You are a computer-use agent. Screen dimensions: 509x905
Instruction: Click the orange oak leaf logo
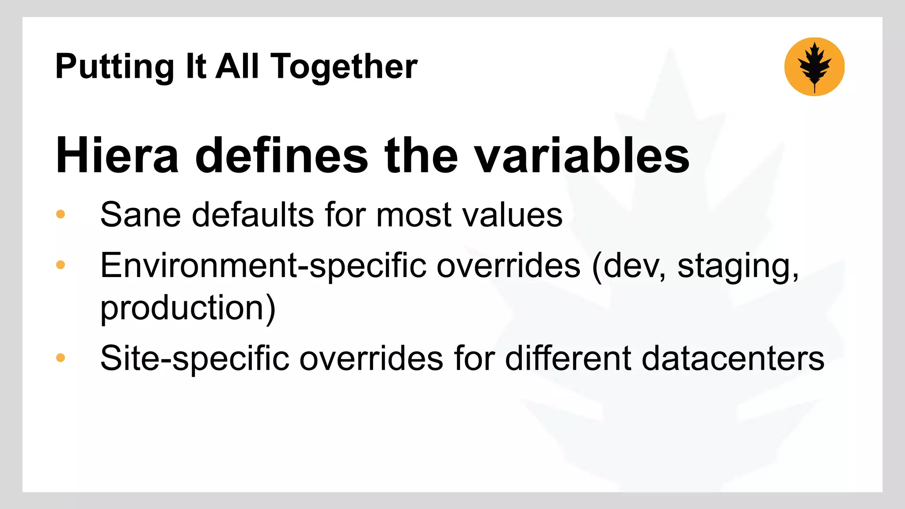[814, 67]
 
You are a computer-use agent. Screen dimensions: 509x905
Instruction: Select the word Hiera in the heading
[117, 156]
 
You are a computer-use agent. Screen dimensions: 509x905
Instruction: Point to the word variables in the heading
[582, 156]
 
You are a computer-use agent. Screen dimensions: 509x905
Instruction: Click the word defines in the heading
[281, 156]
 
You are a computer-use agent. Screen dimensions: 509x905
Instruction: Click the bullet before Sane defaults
[61, 215]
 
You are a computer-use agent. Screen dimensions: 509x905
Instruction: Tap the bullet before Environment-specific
[61, 265]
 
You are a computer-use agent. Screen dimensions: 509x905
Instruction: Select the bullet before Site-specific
[61, 357]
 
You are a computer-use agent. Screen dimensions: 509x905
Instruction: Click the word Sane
[141, 215]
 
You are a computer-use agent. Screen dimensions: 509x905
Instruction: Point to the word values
[512, 215]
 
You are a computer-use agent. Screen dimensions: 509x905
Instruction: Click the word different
[568, 358]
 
